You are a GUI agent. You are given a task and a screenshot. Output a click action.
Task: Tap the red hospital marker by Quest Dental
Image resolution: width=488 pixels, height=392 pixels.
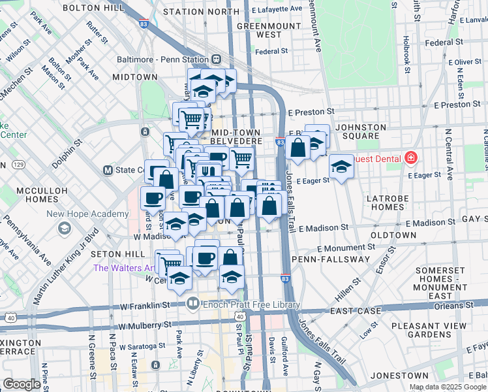410,157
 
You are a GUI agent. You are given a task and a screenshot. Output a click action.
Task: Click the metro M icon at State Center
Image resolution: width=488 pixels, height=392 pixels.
108,171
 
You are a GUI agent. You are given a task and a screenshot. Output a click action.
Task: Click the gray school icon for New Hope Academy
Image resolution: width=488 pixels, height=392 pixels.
65,227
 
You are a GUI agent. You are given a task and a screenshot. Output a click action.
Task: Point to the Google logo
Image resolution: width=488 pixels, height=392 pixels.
22,384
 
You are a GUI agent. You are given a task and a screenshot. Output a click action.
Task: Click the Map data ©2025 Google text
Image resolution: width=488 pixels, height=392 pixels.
447,387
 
